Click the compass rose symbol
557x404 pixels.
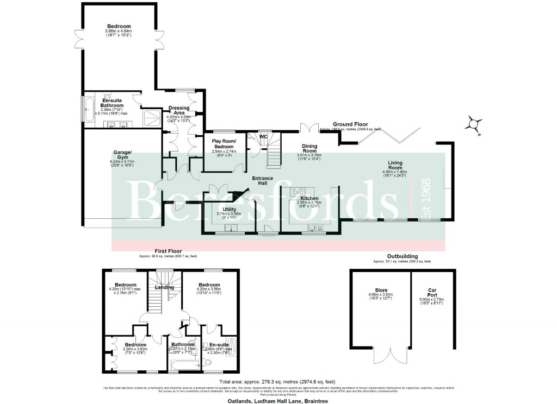pyautogui.click(x=474, y=125)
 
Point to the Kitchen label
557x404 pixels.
pyautogui.click(x=309, y=199)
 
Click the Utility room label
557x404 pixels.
pyautogui.click(x=228, y=209)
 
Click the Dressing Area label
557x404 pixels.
pyautogui.click(x=179, y=110)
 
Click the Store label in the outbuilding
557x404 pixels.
pyautogui.click(x=381, y=290)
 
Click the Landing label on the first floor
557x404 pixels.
pyautogui.click(x=165, y=287)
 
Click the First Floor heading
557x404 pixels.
pyautogui.click(x=168, y=251)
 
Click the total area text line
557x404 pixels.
pyautogui.click(x=278, y=381)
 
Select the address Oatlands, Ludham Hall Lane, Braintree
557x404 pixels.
pyautogui.click(x=278, y=400)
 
